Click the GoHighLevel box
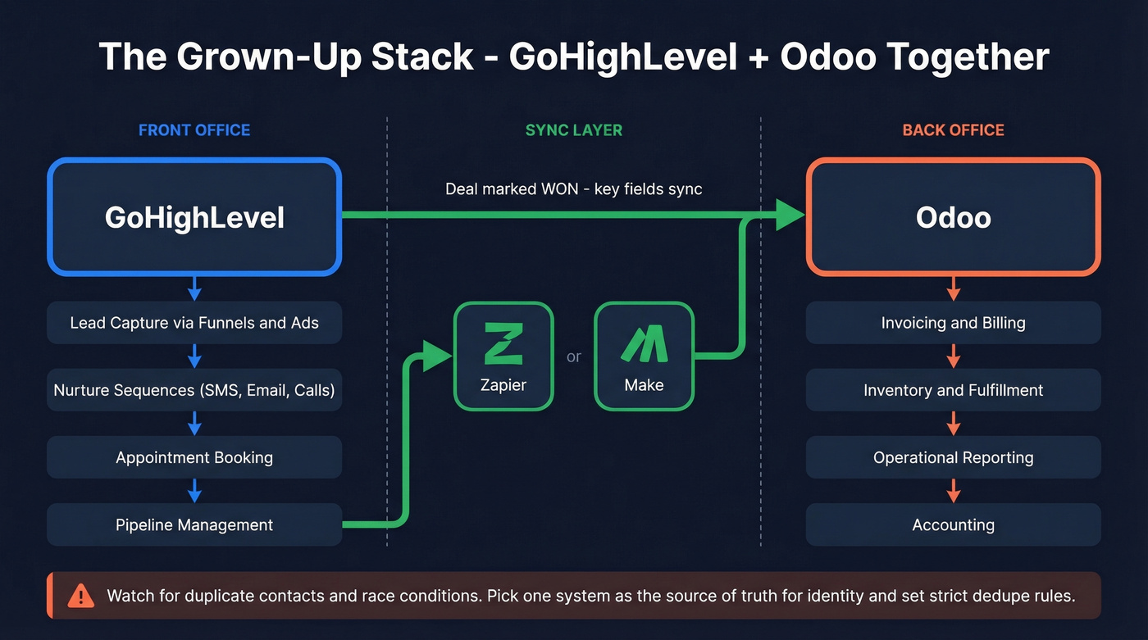pos(194,216)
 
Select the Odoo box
pos(953,216)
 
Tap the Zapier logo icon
pos(503,343)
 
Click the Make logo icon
pos(644,343)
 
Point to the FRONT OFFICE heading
pos(194,130)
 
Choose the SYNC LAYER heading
pos(573,130)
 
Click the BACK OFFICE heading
pos(953,130)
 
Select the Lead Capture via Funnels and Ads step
pos(194,323)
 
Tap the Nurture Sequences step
pos(194,390)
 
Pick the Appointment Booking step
pos(194,457)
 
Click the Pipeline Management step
pos(194,524)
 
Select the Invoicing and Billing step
pos(953,323)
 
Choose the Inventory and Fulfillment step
pos(953,390)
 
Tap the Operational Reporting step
pos(953,457)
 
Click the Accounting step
pos(953,524)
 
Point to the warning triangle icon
pos(80,595)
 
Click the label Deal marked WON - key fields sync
pos(573,189)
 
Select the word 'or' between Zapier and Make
pos(574,356)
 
